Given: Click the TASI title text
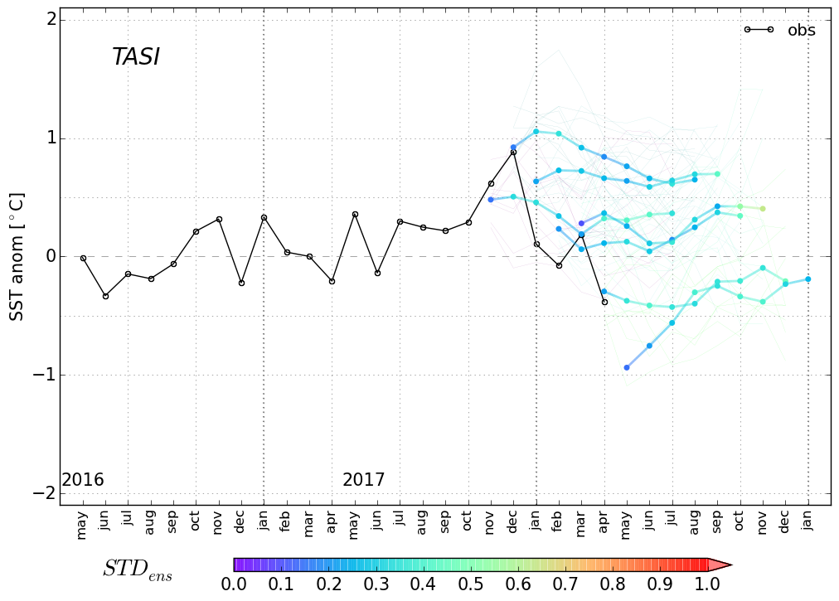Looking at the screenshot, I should (135, 57).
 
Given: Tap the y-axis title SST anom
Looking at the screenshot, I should (16, 256).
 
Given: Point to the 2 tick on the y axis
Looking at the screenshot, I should (51, 20).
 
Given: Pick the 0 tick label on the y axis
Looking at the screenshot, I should (51, 256).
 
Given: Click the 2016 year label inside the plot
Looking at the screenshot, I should (83, 480).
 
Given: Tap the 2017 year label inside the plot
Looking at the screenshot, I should (363, 480).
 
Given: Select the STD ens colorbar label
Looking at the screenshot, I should (137, 569).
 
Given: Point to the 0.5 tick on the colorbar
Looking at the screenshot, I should (470, 584).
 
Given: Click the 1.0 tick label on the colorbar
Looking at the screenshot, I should (706, 584).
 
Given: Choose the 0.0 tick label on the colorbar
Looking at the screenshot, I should (234, 584).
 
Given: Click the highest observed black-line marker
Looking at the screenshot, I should (513, 152).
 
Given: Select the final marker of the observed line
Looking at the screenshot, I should (604, 302).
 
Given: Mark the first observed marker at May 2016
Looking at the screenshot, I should (83, 258).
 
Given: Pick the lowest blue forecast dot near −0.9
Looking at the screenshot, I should (627, 367).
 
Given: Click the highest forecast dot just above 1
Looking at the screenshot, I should (536, 131).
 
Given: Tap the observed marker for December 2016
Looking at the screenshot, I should (241, 283).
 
